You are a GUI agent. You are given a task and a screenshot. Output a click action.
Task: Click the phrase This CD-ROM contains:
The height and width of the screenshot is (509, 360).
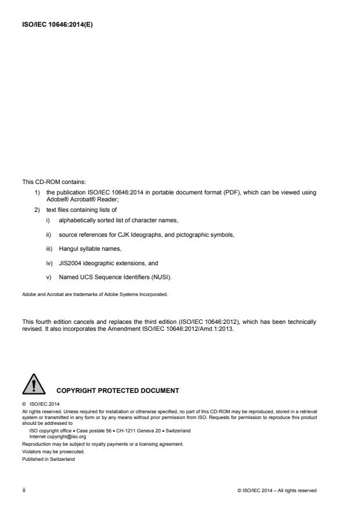tap(52, 182)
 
